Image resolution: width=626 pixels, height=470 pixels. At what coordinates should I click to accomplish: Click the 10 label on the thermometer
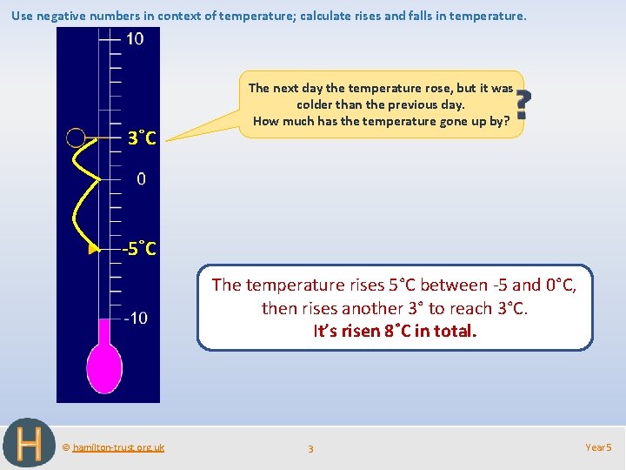[135, 39]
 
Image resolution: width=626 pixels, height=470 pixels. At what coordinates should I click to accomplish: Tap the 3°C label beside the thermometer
[142, 138]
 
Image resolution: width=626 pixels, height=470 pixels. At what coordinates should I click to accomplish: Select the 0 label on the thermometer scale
[141, 179]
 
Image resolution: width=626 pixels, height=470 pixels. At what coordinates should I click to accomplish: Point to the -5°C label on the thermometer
[139, 249]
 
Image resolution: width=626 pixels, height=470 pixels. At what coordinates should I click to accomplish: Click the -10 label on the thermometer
[135, 318]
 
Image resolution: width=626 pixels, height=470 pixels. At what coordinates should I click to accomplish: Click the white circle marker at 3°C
[76, 138]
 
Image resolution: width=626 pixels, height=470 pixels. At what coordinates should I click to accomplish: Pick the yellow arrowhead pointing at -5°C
[94, 250]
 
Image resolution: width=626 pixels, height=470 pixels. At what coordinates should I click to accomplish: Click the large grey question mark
[522, 104]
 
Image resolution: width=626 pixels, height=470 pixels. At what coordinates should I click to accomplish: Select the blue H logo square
[29, 444]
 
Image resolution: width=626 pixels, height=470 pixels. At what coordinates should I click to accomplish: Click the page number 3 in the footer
[310, 448]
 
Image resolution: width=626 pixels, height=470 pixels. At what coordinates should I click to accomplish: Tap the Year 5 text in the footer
[598, 447]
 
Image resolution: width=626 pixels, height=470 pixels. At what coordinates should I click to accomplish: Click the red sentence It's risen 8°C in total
[395, 331]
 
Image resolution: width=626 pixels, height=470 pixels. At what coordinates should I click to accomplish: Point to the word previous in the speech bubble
[416, 104]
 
